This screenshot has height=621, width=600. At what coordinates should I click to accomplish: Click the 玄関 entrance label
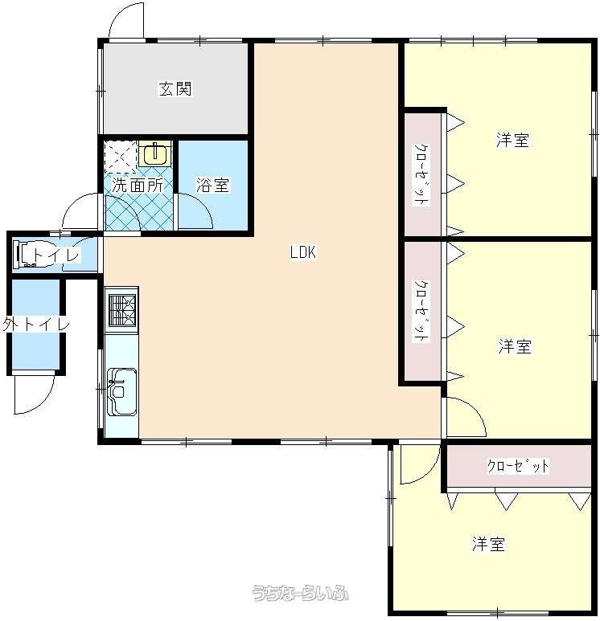175,88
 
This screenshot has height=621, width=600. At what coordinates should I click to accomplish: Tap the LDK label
303,252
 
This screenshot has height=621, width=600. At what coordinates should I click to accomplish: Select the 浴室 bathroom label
212,185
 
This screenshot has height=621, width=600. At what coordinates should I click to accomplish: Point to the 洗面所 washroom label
138,185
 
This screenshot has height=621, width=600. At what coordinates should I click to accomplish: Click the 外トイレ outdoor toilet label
36,325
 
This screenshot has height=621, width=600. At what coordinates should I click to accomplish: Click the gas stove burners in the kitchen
122,310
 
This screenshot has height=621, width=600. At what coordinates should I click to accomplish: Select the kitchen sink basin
122,391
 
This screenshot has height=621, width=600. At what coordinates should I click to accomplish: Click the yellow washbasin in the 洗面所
155,153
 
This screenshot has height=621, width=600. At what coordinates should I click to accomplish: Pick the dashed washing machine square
120,157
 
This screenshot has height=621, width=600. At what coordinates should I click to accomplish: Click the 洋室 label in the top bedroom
512,141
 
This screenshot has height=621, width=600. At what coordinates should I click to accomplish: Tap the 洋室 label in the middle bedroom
515,346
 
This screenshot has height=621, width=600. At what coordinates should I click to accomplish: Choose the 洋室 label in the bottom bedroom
488,544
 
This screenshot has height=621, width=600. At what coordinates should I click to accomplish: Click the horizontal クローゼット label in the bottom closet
518,466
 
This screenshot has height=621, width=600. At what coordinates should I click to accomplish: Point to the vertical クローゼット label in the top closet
421,174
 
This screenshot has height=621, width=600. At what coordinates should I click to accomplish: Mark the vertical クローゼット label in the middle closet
421,311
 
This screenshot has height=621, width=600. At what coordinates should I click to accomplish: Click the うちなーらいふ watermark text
300,593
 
